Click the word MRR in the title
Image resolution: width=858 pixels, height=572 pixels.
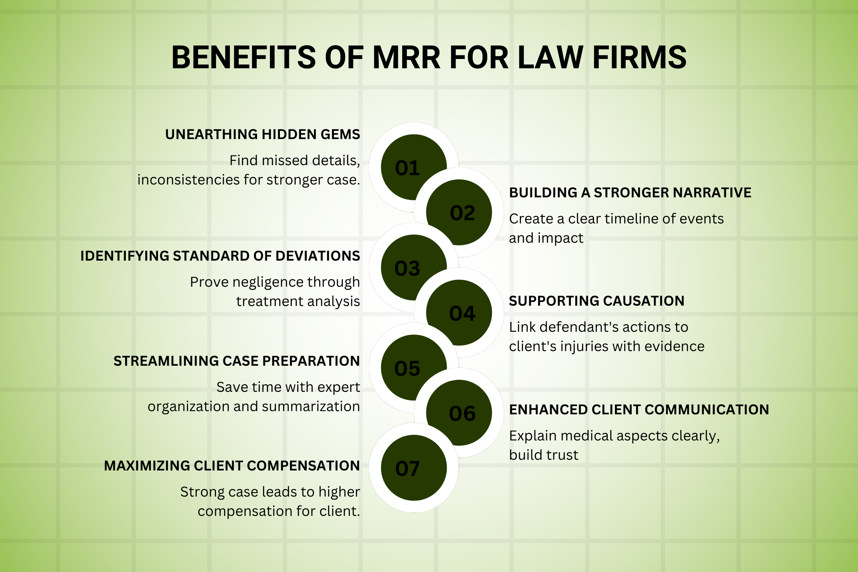coord(406,57)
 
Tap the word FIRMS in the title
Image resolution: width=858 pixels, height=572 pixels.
coord(639,57)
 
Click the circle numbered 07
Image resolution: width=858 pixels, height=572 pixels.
coord(414,468)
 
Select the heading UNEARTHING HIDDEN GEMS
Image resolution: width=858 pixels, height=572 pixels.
coord(262,134)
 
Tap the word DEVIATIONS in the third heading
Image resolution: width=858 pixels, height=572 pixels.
coord(318,256)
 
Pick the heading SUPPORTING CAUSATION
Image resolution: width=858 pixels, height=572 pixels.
coord(596,301)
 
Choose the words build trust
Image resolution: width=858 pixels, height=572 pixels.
coord(543,455)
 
